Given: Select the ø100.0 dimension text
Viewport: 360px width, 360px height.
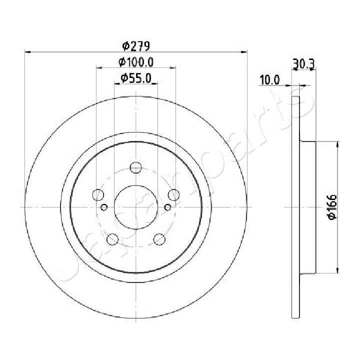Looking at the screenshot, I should click(135, 62).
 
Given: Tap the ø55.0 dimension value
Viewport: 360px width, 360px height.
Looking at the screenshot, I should click(136, 78).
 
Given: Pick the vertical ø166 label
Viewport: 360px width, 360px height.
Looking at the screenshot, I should click(330, 206).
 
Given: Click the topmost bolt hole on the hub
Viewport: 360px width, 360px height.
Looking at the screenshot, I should click(135, 168).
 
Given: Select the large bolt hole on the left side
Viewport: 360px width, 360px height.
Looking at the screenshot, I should click(98, 194).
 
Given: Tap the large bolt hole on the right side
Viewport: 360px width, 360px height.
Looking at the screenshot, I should click(173, 194).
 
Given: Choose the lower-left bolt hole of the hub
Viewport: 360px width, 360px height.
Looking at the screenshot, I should click(112, 238).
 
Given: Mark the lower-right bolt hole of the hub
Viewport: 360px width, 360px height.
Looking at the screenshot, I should click(159, 238).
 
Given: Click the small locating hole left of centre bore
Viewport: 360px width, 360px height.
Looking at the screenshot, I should click(104, 207).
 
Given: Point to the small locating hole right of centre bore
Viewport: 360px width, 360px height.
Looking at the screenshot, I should click(168, 207).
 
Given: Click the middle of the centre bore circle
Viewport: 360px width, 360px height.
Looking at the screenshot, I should click(136, 206).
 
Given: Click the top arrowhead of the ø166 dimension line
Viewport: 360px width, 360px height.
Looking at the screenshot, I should click(338, 144).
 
